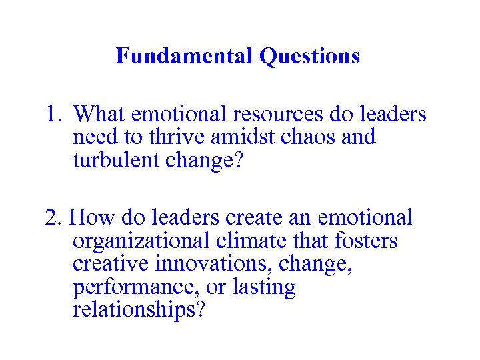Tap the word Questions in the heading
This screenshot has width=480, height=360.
click(x=309, y=56)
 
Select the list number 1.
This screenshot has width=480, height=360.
click(x=53, y=115)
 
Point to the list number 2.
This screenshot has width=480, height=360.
click(x=53, y=217)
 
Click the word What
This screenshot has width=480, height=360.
click(x=99, y=115)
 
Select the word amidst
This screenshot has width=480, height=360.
click(x=250, y=137)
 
